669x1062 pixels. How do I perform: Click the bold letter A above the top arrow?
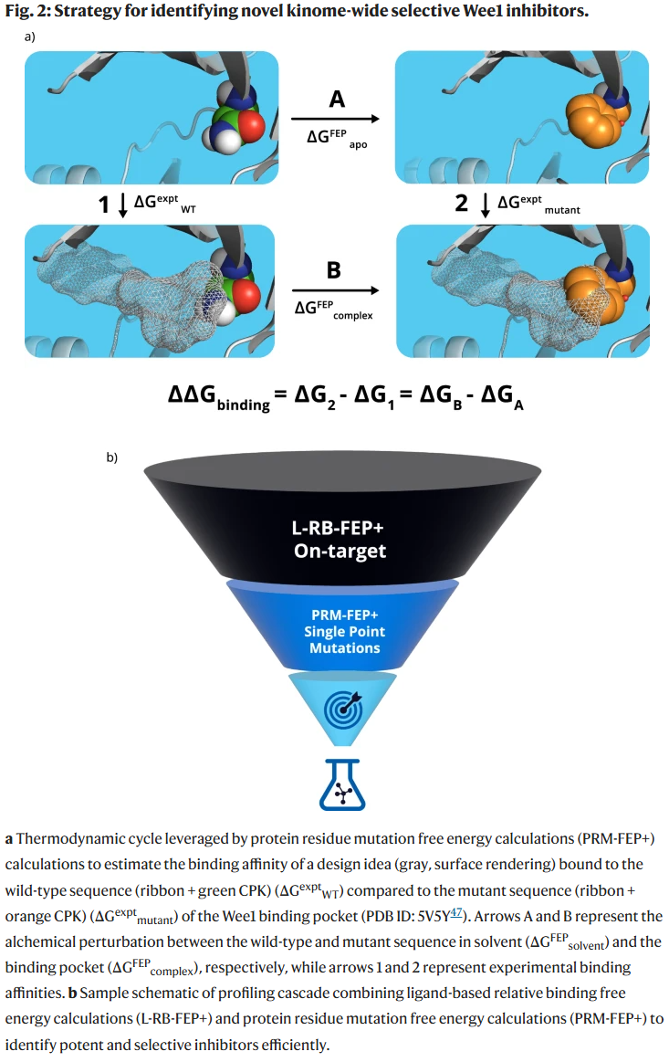click(337, 98)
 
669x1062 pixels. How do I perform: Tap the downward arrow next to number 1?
click(123, 204)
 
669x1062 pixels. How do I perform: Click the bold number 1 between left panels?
click(104, 204)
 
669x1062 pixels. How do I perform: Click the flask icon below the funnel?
click(341, 783)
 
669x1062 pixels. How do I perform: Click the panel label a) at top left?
click(30, 37)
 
